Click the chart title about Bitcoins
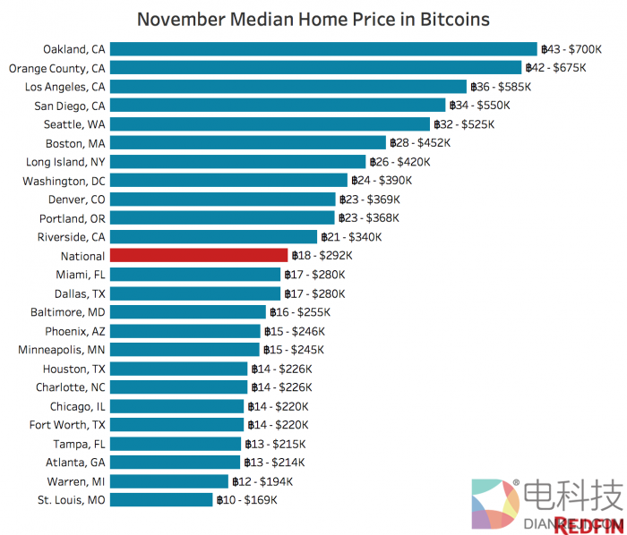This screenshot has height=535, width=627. tap(313, 19)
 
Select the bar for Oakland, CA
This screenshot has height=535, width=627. tap(322, 49)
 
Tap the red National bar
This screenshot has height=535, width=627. tap(198, 256)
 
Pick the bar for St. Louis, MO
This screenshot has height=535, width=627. tap(160, 500)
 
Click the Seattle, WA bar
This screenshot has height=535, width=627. tap(269, 124)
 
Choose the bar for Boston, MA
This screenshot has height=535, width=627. tap(247, 143)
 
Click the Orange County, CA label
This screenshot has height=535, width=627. tap(56, 68)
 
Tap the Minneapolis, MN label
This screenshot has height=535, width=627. tap(62, 350)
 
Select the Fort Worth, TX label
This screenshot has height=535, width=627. tap(67, 425)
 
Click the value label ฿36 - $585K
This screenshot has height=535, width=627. tap(501, 87)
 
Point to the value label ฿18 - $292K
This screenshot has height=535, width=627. tap(322, 256)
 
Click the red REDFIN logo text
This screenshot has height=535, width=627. tap(587, 525)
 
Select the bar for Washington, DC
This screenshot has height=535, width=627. tap(228, 181)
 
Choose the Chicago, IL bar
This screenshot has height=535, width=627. tap(176, 406)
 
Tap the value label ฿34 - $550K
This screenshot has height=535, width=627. tap(480, 106)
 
